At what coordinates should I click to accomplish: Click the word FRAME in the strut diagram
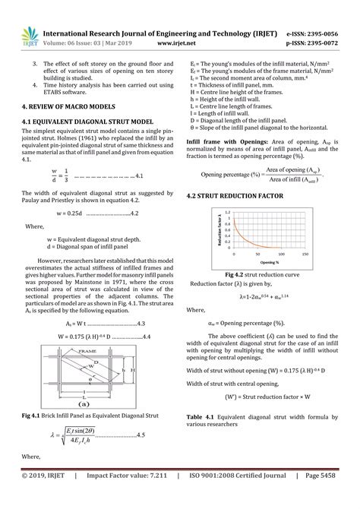tap(83, 350)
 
